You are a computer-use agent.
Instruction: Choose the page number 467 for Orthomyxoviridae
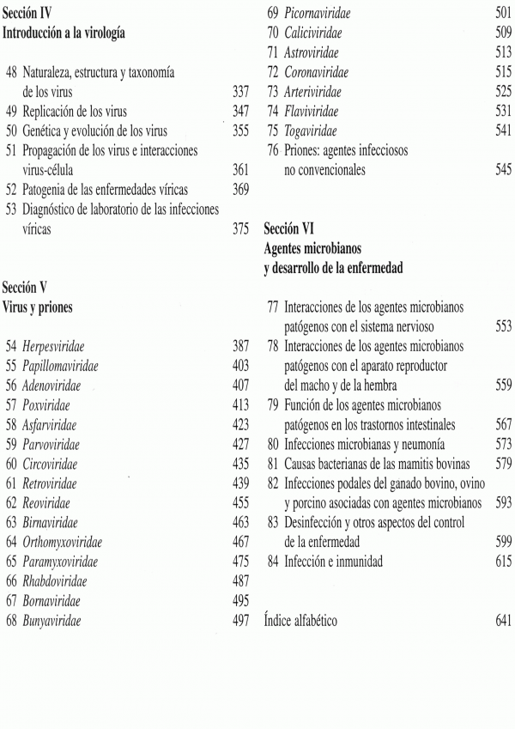pos(241,541)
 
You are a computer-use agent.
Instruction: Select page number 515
pos(504,72)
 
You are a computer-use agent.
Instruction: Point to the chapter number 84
pos(273,562)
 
